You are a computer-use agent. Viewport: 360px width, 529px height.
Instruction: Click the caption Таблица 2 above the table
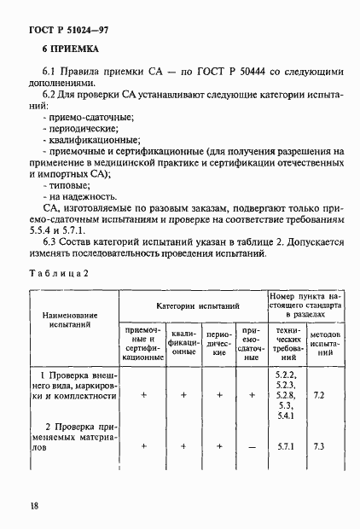[60, 272]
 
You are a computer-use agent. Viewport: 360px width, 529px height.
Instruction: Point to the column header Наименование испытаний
[74, 320]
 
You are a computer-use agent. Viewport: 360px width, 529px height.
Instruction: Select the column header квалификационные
[185, 343]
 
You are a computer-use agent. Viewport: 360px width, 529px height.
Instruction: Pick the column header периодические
[220, 343]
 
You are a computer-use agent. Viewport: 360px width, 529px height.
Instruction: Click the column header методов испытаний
[326, 343]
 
